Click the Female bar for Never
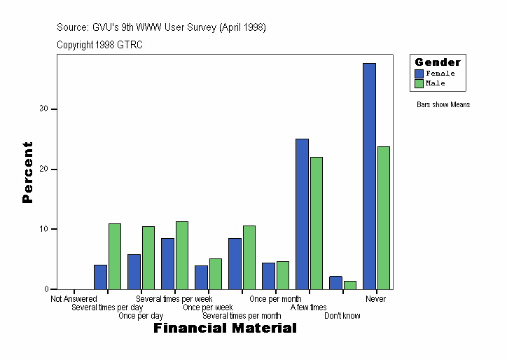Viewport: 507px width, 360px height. [369, 176]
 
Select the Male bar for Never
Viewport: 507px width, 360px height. [383, 218]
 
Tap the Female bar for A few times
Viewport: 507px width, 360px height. [302, 214]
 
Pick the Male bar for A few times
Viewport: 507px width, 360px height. [316, 223]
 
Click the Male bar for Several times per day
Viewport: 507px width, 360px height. [114, 256]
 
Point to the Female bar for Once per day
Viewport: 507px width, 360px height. [134, 272]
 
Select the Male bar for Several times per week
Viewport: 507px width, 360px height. [181, 255]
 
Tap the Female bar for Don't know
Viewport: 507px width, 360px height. [335, 282]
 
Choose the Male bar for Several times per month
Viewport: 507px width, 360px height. [249, 257]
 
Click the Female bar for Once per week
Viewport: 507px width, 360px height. [201, 277]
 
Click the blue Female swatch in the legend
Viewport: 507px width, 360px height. [419, 74]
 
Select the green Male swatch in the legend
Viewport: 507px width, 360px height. [419, 83]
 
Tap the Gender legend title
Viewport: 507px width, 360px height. [438, 62]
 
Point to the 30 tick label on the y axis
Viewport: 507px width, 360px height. [43, 109]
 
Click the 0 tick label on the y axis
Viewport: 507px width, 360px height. [46, 289]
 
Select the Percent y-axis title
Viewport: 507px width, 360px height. [27, 172]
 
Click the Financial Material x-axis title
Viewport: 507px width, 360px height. [225, 328]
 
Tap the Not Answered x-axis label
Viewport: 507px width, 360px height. [74, 299]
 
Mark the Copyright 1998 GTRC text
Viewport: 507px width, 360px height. [99, 44]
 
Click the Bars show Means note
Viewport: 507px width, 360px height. [443, 105]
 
